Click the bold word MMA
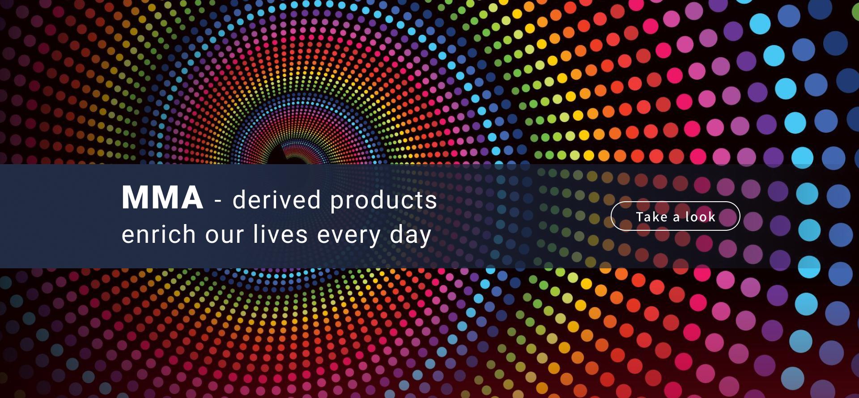click(x=162, y=197)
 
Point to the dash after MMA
click(x=218, y=201)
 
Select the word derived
click(x=276, y=199)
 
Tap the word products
click(x=383, y=200)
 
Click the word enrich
click(x=159, y=234)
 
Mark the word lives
click(x=280, y=234)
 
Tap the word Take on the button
click(x=651, y=217)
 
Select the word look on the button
click(x=700, y=217)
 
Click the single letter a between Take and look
click(x=676, y=218)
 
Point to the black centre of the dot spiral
click(x=289, y=157)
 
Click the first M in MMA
click(x=135, y=197)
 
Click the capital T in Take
click(x=640, y=217)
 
